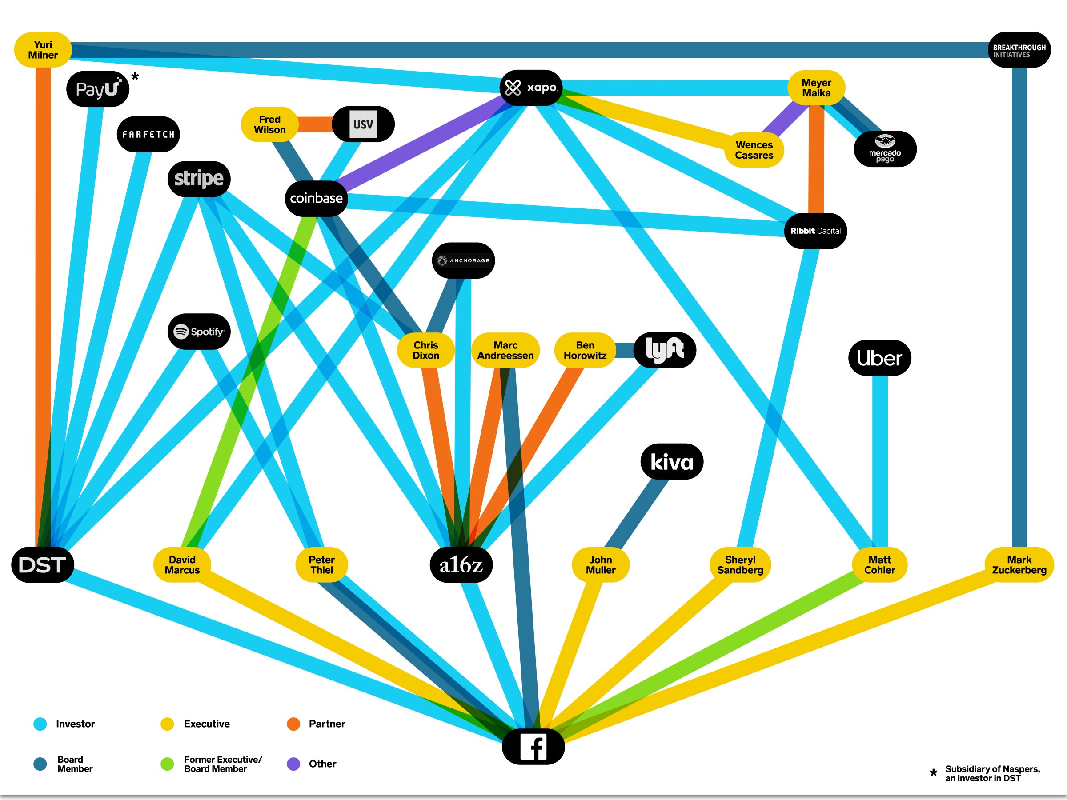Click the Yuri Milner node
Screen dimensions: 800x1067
pyautogui.click(x=43, y=50)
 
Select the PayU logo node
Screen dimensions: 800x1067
pyautogui.click(x=97, y=89)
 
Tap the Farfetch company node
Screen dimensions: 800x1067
pyautogui.click(x=148, y=134)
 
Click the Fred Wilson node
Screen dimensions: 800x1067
pyautogui.click(x=270, y=124)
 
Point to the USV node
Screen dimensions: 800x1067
pyautogui.click(x=363, y=124)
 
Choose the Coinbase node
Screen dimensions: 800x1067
pyautogui.click(x=316, y=198)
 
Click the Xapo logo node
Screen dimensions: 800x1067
pyautogui.click(x=531, y=88)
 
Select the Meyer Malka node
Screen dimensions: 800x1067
pyautogui.click(x=816, y=88)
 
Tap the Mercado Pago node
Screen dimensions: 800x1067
pyautogui.click(x=885, y=149)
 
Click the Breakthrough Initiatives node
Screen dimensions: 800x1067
pyautogui.click(x=1019, y=50)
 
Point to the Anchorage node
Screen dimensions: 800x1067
pyautogui.click(x=463, y=260)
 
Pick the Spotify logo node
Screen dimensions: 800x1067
pyautogui.click(x=199, y=332)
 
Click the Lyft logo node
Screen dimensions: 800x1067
pyautogui.click(x=664, y=350)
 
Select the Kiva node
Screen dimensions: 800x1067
pyautogui.click(x=671, y=461)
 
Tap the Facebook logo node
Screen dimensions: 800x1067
pyautogui.click(x=533, y=747)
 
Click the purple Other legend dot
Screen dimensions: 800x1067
pyautogui.click(x=293, y=764)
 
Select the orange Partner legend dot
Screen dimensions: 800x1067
pyautogui.click(x=293, y=724)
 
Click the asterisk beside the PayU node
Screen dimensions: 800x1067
pyautogui.click(x=135, y=76)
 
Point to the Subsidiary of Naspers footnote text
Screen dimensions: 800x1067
pyautogui.click(x=992, y=773)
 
